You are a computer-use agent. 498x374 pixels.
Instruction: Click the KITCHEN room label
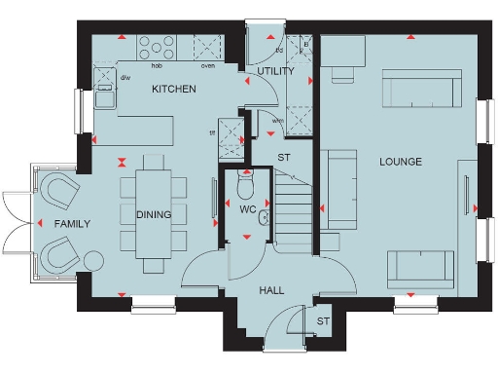point(174,90)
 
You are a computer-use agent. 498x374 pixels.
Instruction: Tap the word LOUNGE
point(401,162)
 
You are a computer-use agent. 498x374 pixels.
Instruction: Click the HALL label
point(271,290)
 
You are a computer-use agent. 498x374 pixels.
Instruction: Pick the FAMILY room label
point(72,224)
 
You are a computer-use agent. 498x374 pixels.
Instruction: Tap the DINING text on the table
point(154,215)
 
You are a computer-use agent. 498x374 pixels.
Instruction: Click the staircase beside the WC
point(293,210)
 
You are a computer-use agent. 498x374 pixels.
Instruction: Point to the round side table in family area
point(93,261)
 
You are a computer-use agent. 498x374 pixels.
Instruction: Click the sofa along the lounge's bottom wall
point(419,265)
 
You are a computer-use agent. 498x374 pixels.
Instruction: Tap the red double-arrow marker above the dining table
point(123,162)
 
